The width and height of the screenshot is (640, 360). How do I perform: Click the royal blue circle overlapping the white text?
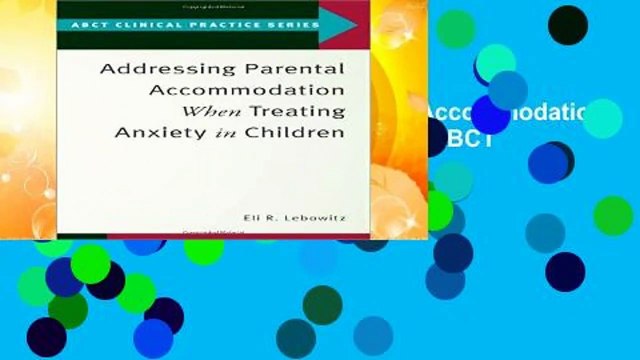click(x=490, y=112)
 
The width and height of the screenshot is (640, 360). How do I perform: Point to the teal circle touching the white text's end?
click(x=603, y=118)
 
